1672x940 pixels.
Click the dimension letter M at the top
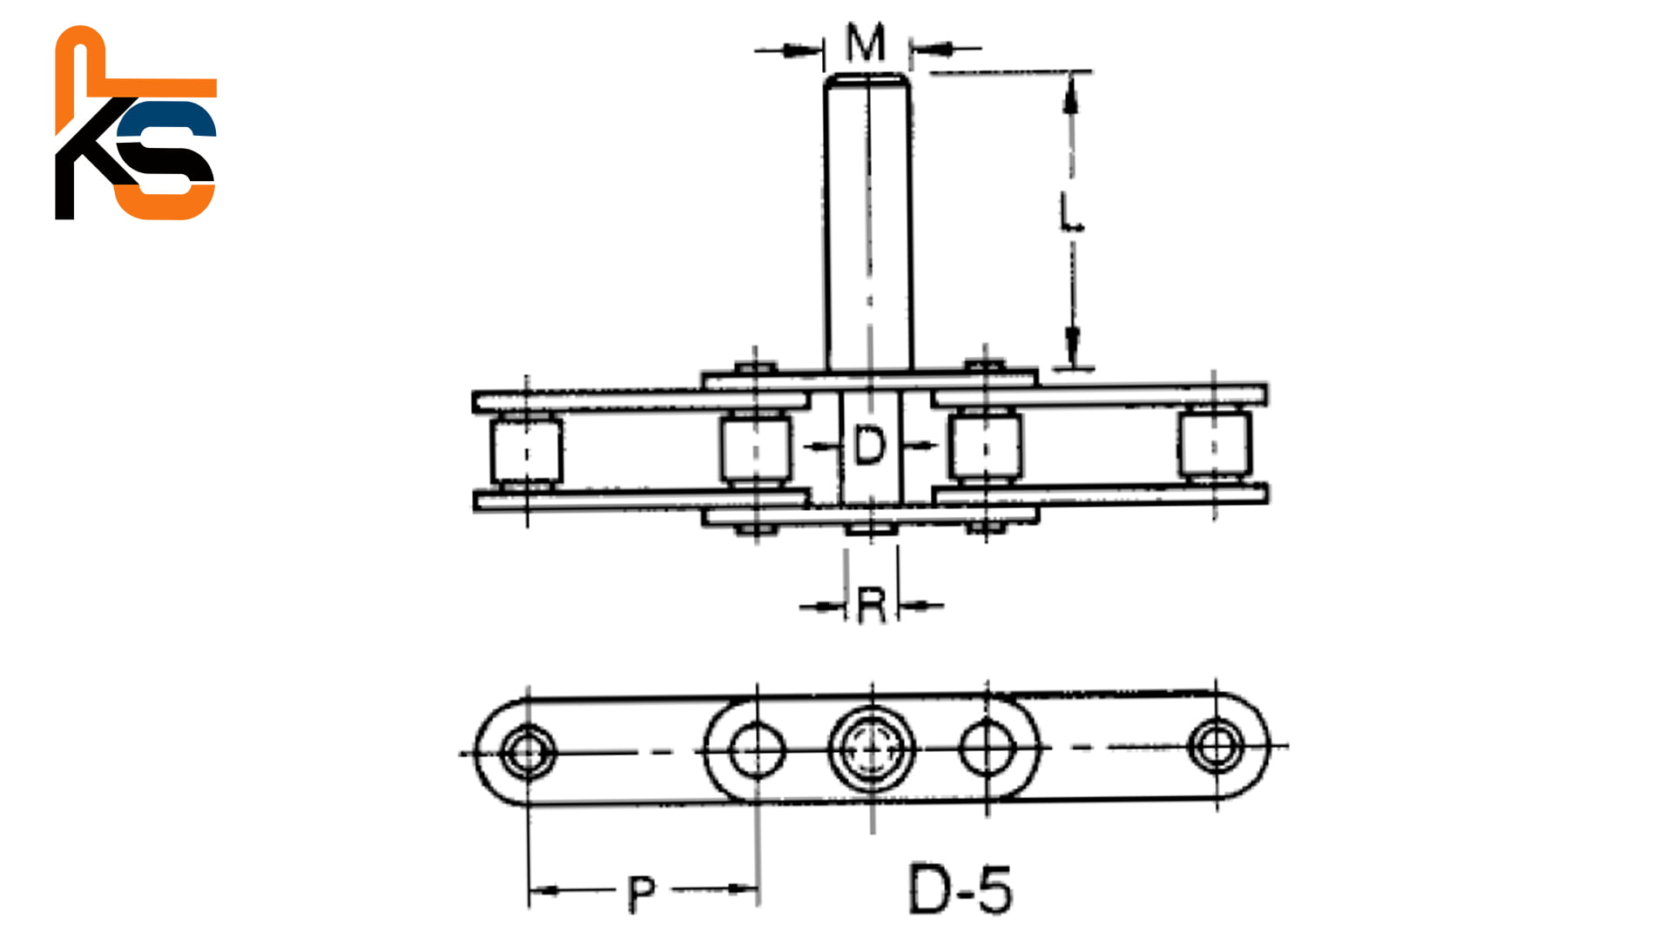(x=866, y=43)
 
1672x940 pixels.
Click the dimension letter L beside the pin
(x=1071, y=212)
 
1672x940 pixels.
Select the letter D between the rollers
(x=869, y=446)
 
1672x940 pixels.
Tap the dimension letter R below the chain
(x=872, y=606)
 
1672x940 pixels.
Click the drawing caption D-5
(x=961, y=890)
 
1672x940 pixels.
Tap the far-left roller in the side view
(x=526, y=451)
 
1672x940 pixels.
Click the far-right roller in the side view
(x=1215, y=445)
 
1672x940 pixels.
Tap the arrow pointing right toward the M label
(x=797, y=50)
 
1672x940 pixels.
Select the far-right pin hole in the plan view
(x=1216, y=745)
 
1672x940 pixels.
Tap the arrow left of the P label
(x=545, y=890)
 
